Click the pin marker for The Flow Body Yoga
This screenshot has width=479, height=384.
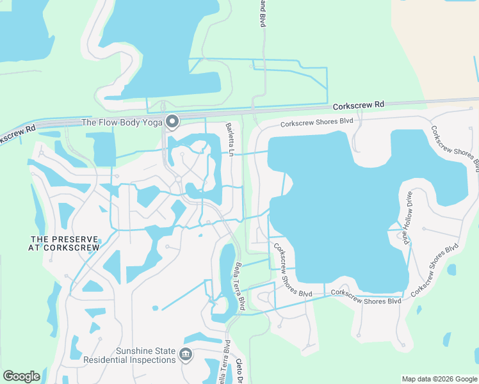tap(172, 121)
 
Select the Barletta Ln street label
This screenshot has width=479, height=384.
tap(229, 138)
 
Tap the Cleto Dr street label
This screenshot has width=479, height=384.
tap(240, 370)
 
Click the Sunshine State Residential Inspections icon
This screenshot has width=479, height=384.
tap(186, 354)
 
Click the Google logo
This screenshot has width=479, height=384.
tap(21, 376)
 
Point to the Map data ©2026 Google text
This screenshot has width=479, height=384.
tap(439, 379)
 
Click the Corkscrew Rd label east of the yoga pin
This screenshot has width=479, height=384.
tap(359, 104)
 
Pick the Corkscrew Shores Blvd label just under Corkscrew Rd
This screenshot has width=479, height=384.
tap(317, 122)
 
